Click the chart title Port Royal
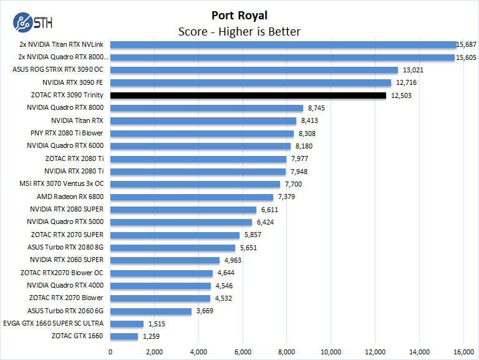[239, 16]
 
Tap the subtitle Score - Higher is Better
[239, 31]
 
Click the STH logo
[32, 24]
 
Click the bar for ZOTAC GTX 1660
[124, 336]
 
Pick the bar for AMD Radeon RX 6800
[191, 197]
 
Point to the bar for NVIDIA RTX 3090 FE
[251, 82]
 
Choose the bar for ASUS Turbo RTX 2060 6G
[151, 311]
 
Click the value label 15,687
[467, 44]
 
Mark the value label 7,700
[293, 184]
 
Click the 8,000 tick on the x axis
[286, 351]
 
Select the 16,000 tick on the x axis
[463, 351]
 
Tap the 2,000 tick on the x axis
[154, 351]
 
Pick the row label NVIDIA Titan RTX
[77, 120]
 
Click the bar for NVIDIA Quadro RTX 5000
[181, 222]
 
